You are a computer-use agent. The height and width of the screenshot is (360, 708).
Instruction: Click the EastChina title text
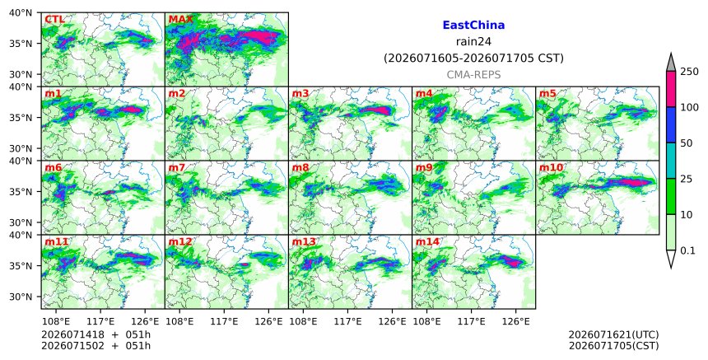473,26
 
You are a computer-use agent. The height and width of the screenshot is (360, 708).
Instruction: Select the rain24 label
473,42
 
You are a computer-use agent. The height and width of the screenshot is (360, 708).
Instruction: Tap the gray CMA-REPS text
473,75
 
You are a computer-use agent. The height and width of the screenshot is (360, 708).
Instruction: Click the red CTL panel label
54,20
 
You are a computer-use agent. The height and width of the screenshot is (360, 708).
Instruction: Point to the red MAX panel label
180,20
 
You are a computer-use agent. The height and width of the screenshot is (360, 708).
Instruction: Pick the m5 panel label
547,93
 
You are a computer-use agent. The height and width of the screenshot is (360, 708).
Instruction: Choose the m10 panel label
551,167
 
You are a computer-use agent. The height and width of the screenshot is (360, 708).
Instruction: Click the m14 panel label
427,241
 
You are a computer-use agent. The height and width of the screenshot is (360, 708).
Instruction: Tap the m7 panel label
176,167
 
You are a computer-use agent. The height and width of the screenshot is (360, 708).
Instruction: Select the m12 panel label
180,241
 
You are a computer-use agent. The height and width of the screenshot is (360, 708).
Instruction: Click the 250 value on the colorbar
689,72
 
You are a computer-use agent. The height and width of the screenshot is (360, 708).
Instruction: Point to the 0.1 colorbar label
687,250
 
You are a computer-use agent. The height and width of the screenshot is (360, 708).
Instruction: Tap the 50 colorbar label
687,143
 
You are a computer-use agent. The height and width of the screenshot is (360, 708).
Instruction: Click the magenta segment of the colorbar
670,89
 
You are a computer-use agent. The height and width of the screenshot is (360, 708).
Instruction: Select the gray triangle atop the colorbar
670,63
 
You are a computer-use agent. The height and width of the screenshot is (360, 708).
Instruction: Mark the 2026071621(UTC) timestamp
613,334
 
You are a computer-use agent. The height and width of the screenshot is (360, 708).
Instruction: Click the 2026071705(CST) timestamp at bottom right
613,346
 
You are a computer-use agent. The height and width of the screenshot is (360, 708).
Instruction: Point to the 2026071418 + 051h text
95,334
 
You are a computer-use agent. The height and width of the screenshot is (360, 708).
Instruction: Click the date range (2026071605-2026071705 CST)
473,58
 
